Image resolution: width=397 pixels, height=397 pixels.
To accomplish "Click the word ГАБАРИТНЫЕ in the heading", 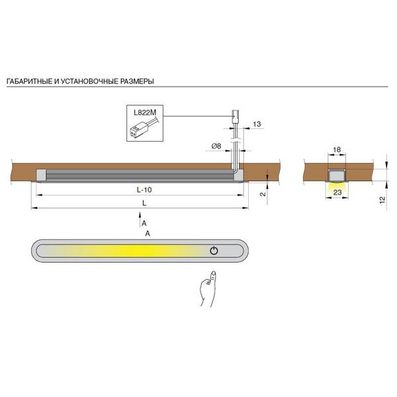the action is coord(30,81).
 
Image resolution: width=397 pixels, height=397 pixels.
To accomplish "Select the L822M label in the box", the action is coord(145,112).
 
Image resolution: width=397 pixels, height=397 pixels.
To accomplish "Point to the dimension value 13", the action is coord(257,124).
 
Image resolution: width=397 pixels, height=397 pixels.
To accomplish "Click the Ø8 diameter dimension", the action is coord(216,146).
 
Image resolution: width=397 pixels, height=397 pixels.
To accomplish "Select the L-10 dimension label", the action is coord(144,190).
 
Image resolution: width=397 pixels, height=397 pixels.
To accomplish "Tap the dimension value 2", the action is coord(263,194).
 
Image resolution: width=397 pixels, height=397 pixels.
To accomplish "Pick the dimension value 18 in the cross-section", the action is coord(337,150).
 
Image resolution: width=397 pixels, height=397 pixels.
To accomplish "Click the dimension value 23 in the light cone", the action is coord(337,193).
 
